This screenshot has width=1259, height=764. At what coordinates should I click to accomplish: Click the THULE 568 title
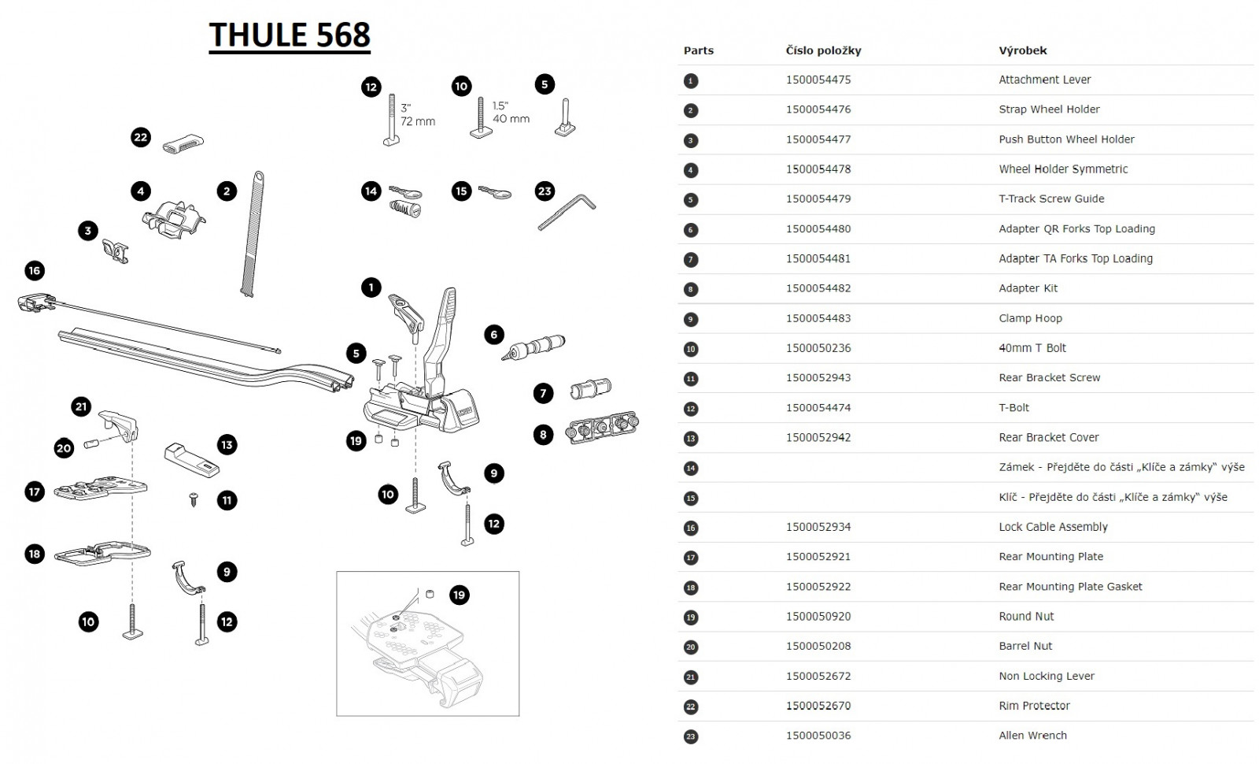pos(290,35)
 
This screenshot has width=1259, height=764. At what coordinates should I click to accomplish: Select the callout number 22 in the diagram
pos(140,137)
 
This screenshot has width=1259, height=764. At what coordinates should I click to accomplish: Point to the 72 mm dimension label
pos(418,121)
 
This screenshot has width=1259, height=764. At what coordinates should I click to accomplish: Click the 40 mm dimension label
pos(511,119)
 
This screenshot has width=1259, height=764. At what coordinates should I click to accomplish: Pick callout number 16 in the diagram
pos(34,271)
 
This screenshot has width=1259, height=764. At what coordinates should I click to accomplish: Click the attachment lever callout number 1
pos(371,287)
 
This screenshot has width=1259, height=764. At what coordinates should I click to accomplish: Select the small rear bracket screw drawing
pos(194,498)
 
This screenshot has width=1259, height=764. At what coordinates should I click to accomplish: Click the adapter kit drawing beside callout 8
pos(602,427)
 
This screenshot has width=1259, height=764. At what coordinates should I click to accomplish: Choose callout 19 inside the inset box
pos(460,595)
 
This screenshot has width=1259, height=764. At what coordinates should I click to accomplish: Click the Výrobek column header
pos(1023,50)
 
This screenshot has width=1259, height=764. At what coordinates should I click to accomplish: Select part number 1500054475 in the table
pos(818,80)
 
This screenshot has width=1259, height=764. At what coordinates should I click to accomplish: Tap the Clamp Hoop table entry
pos(1030,318)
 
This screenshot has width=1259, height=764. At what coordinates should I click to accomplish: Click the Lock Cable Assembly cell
pos(1053,527)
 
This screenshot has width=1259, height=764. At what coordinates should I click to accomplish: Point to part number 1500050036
pos(818,736)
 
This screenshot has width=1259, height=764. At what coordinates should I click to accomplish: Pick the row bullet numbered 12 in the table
pos(691,409)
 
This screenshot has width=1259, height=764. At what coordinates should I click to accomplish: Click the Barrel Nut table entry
pos(1025,646)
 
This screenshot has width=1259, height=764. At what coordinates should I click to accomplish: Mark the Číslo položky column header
pos(823,50)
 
